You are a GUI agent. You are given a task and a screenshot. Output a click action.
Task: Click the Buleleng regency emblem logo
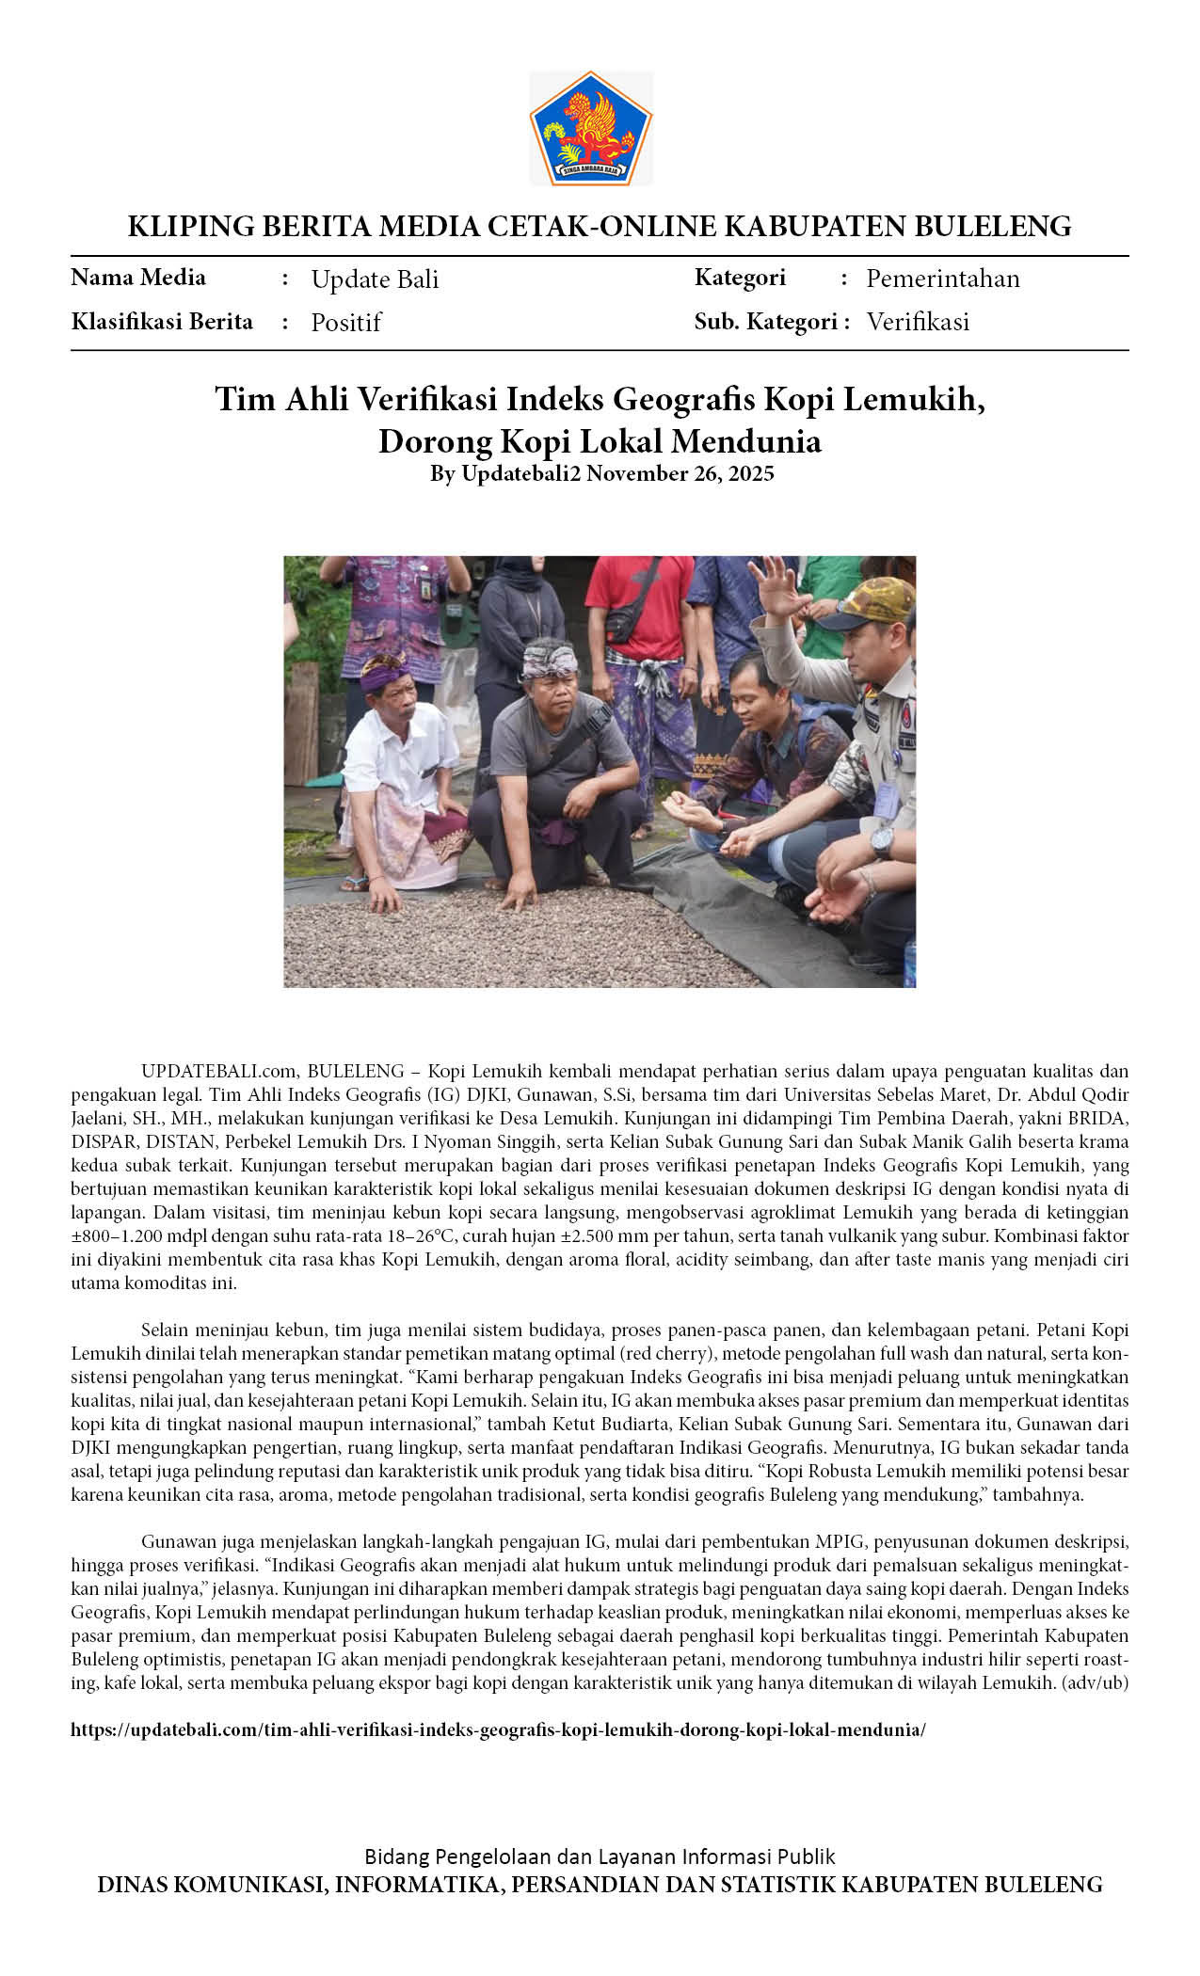tap(590, 127)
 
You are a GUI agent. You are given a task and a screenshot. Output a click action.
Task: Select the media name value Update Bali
tap(375, 279)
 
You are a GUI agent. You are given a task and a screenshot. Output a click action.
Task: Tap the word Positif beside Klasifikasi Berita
tap(345, 323)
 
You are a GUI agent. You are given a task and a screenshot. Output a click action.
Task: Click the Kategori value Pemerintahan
tap(942, 279)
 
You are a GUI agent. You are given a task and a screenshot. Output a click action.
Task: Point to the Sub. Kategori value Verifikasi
tap(918, 322)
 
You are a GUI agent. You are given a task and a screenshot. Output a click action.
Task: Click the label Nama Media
tap(138, 278)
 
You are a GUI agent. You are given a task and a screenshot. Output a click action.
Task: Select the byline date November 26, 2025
tap(680, 473)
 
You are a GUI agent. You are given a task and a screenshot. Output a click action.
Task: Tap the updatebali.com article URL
tap(498, 1729)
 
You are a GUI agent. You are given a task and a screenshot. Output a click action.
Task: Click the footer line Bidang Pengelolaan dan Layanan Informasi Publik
tap(600, 1856)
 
